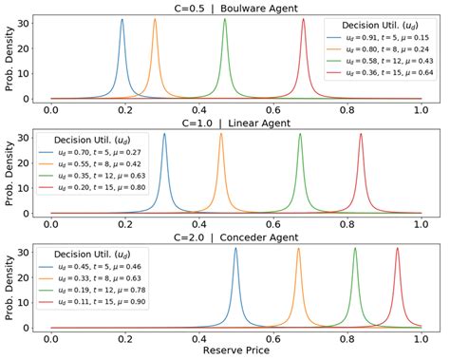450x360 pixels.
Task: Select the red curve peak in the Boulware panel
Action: (303, 20)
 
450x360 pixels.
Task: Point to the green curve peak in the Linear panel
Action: (300, 135)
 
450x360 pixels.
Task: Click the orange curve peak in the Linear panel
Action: (221, 135)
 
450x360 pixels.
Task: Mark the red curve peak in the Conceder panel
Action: (397, 249)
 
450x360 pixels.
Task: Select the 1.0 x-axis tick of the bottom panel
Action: (422, 338)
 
